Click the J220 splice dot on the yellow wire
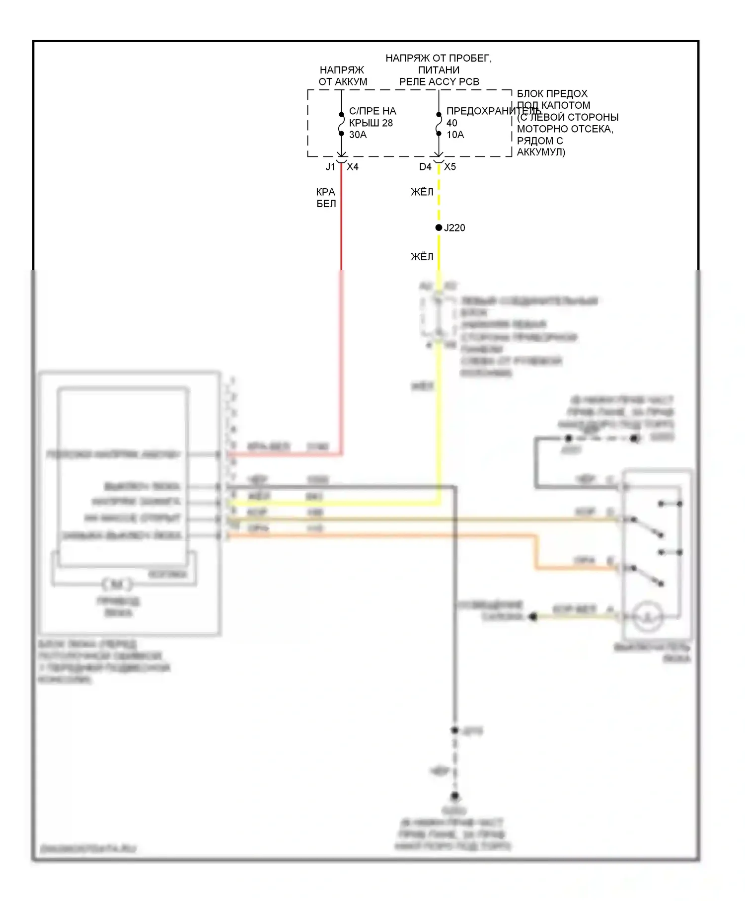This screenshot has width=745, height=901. [x=439, y=227]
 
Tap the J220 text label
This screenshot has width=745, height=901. [x=454, y=228]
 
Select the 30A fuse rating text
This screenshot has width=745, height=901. [x=358, y=135]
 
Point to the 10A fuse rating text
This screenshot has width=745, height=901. [x=455, y=135]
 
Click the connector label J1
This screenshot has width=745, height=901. [x=330, y=167]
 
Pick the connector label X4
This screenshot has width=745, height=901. [x=353, y=167]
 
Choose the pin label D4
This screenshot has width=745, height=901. [x=425, y=167]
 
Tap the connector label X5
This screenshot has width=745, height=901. [x=450, y=167]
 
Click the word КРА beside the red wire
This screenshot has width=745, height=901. [x=326, y=192]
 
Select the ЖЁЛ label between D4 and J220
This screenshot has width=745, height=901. [x=422, y=192]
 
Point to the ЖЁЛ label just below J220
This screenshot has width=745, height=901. [x=422, y=257]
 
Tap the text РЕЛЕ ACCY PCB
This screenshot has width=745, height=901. [x=439, y=82]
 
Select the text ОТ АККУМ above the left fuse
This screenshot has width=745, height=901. [x=343, y=82]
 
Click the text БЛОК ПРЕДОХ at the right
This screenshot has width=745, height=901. [x=552, y=94]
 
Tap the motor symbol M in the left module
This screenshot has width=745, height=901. [x=117, y=584]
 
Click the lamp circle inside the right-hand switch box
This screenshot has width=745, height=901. [x=648, y=616]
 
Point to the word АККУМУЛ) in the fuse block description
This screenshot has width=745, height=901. [x=541, y=152]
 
